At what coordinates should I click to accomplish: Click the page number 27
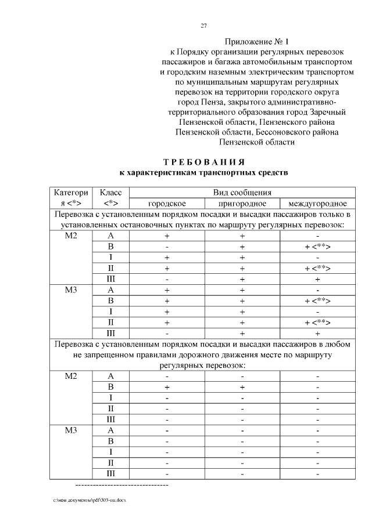click(204, 26)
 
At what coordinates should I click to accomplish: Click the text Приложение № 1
click(256, 42)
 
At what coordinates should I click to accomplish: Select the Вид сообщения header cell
click(242, 193)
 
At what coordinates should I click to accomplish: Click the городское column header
click(167, 204)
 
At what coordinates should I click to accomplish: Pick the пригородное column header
click(242, 204)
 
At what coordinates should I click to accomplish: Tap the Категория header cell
click(71, 198)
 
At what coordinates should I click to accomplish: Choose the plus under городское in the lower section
click(167, 387)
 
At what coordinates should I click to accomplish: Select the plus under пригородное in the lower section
click(242, 387)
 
